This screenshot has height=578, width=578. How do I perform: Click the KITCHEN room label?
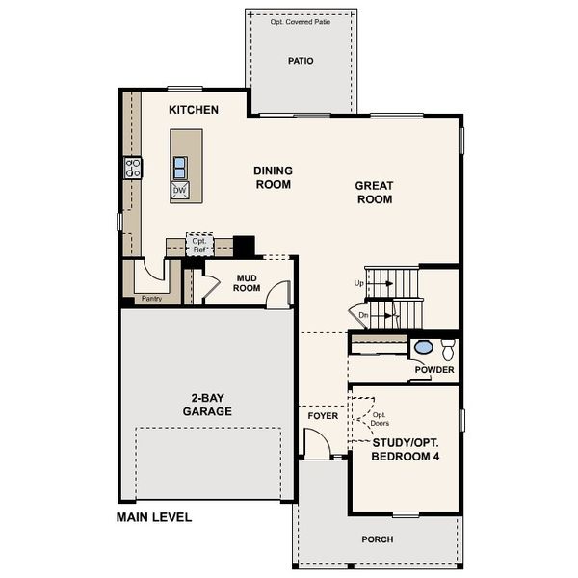coord(194,110)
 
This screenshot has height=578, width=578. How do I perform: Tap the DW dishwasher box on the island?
coord(180,191)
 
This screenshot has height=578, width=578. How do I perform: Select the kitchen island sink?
coord(180,168)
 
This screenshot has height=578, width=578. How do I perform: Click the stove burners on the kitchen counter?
coord(132,169)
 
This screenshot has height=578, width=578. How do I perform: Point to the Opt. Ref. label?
coord(199,246)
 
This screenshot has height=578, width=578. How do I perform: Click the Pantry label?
coord(151,299)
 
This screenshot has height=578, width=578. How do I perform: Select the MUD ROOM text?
coord(248,282)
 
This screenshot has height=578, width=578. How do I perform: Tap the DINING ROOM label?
coord(273,177)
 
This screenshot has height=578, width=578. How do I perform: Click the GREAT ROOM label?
coord(374,193)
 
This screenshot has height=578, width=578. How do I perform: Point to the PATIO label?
coord(301,61)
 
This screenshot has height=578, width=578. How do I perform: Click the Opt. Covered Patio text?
coord(301,21)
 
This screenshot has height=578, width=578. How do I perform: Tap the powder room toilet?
coord(447,349)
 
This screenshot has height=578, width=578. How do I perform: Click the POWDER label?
coord(433,370)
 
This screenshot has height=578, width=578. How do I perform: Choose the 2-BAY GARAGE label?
coord(207,404)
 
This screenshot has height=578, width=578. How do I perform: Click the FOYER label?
coord(323,416)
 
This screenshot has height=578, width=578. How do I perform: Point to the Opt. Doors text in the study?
coord(380,419)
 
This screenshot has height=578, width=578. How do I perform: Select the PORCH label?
coord(377,539)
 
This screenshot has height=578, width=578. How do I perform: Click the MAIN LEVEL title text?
coord(154,517)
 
